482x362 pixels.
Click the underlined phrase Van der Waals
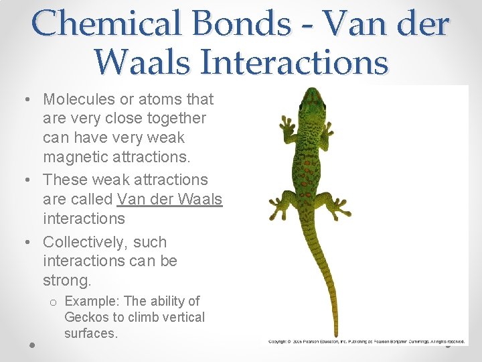click(169, 199)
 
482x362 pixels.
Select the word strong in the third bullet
click(66, 280)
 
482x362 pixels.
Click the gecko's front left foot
click(287, 127)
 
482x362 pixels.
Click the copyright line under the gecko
click(366, 342)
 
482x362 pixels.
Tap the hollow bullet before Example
click(52, 302)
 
